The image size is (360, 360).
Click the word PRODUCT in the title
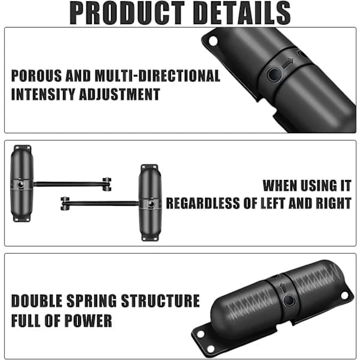click(127, 13)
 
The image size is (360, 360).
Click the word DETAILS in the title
click(242, 13)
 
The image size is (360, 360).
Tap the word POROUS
click(37, 76)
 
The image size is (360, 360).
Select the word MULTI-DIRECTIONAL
click(157, 76)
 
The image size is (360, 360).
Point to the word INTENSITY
click(43, 94)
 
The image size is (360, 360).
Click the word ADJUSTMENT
click(119, 94)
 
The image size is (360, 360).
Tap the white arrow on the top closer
click(288, 62)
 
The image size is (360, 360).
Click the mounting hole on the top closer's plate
click(213, 41)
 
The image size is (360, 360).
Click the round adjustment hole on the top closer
click(275, 74)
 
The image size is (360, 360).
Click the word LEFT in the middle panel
click(273, 203)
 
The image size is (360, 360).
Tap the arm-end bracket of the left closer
click(107, 184)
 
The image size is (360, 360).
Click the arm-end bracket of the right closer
click(65, 203)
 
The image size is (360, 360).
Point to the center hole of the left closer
click(20, 185)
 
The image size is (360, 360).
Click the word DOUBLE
click(37, 301)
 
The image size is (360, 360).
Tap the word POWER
click(88, 321)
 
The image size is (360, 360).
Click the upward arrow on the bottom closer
click(283, 287)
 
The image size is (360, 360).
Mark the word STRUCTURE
click(160, 301)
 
